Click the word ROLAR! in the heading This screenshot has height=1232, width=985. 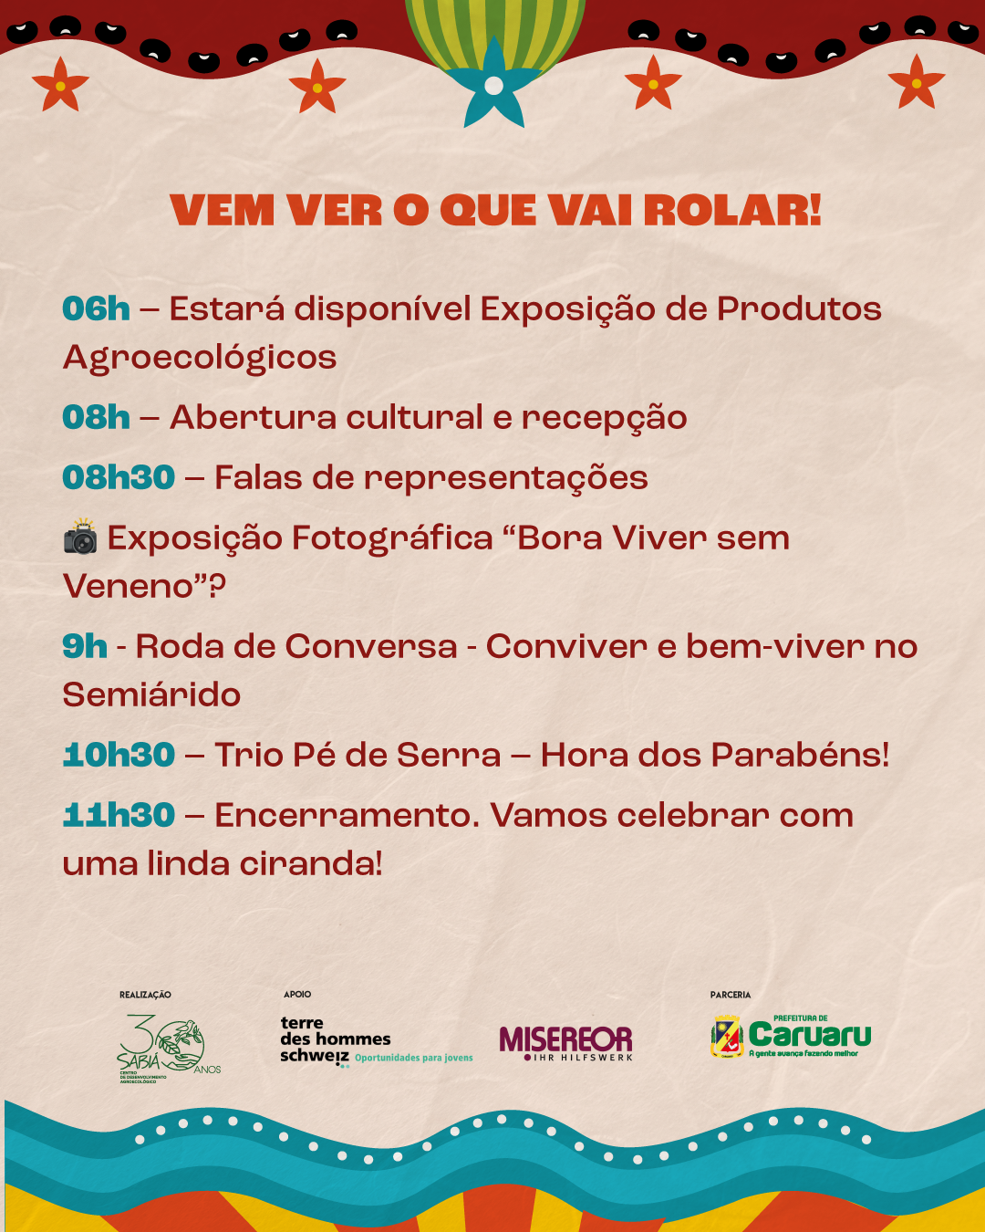pyautogui.click(x=732, y=210)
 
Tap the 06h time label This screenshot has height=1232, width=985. pyautogui.click(x=96, y=309)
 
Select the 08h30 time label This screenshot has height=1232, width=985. pyautogui.click(x=119, y=477)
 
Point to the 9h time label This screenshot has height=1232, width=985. pyautogui.click(x=85, y=646)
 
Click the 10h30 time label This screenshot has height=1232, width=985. pyautogui.click(x=119, y=755)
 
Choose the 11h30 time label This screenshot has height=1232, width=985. pyautogui.click(x=119, y=815)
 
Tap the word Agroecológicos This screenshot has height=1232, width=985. pyautogui.click(x=199, y=359)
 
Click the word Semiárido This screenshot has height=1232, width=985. pyautogui.click(x=151, y=694)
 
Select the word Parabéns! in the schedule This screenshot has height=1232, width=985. pyautogui.click(x=800, y=755)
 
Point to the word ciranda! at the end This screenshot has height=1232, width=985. pyautogui.click(x=310, y=863)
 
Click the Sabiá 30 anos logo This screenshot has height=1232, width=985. pyautogui.click(x=169, y=1049)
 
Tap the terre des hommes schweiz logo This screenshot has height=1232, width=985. pyautogui.click(x=376, y=1042)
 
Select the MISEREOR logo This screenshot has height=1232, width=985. pyautogui.click(x=566, y=1043)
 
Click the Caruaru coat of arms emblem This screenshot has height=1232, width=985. pyautogui.click(x=727, y=1036)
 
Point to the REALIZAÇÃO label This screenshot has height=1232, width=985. pyautogui.click(x=145, y=995)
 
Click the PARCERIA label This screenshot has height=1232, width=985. pyautogui.click(x=731, y=995)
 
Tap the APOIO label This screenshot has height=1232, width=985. pyautogui.click(x=297, y=995)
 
